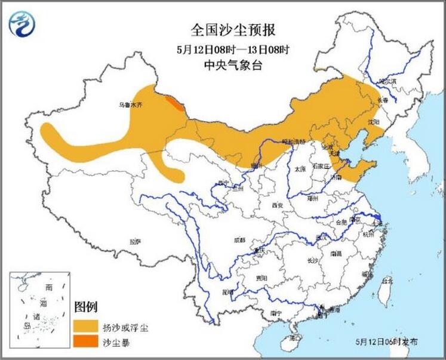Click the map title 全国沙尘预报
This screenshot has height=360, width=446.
[225, 29]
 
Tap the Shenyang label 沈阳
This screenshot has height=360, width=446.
[374, 122]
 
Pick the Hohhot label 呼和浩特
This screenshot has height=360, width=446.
[294, 142]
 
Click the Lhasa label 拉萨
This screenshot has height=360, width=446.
[135, 242]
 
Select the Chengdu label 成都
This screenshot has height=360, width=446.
[239, 240]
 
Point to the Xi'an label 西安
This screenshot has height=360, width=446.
[276, 205]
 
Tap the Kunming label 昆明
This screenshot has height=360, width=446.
[227, 292]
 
